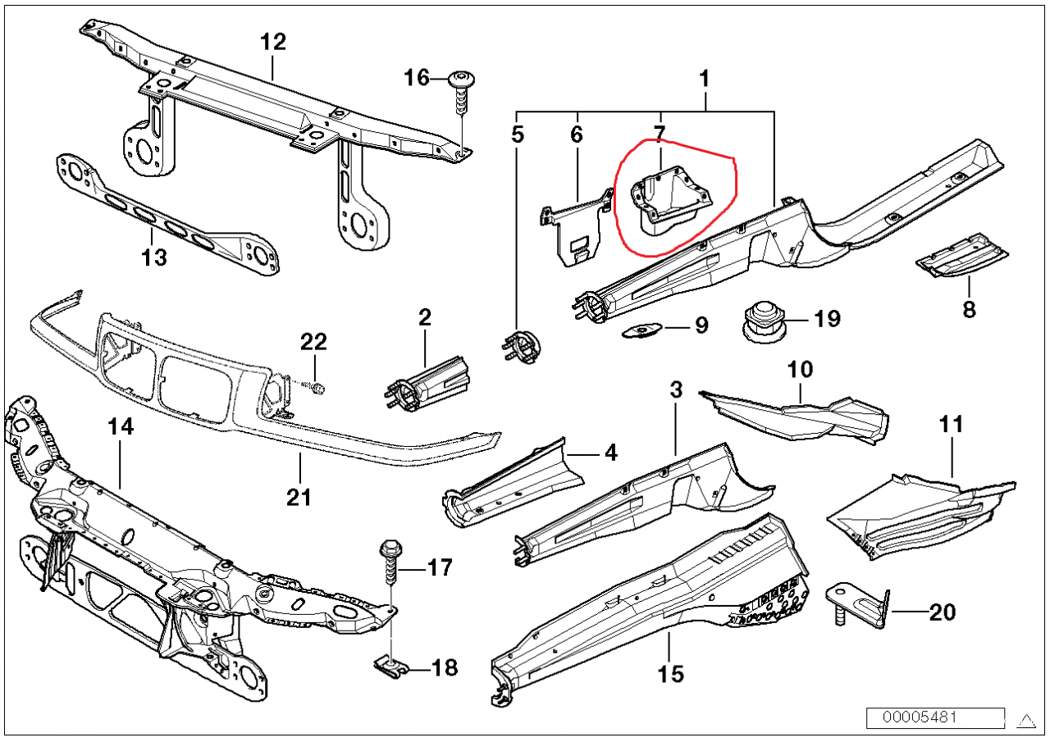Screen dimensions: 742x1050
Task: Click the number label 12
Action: (273, 42)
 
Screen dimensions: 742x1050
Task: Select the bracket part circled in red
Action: (669, 198)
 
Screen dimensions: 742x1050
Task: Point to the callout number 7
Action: (660, 133)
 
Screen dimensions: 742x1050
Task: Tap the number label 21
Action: (299, 497)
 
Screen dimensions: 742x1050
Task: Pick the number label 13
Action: (153, 257)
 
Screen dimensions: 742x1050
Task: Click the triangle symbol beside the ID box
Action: (1025, 719)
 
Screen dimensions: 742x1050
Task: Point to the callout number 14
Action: (120, 426)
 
